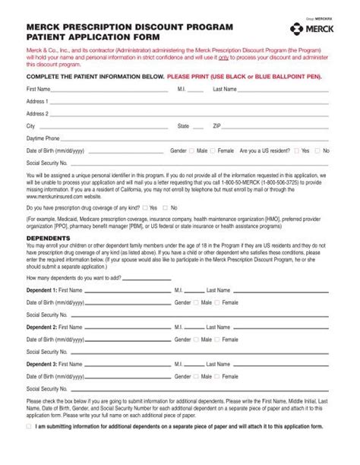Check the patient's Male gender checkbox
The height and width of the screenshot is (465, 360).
(x=192, y=151)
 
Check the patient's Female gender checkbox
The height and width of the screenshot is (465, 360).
(x=213, y=151)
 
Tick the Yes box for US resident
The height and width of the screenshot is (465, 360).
(x=297, y=151)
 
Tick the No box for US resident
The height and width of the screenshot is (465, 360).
(x=319, y=151)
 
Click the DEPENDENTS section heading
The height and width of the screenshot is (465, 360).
(x=48, y=237)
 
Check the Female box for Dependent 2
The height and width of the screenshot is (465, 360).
(x=218, y=339)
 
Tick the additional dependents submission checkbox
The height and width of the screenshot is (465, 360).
(x=29, y=426)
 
